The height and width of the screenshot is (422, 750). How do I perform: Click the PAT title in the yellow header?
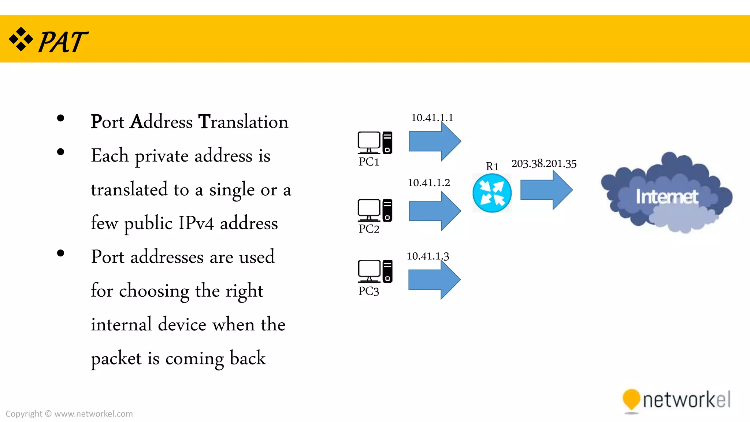coord(63,42)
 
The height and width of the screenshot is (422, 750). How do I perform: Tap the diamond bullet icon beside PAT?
coord(21,39)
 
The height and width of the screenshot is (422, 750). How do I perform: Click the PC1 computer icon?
coord(375,143)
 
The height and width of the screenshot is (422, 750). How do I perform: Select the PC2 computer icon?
coord(375,211)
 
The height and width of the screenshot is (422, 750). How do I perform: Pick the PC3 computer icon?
coord(375,271)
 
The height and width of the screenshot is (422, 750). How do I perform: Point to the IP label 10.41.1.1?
coord(432,118)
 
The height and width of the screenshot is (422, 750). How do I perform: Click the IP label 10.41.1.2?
coord(428,182)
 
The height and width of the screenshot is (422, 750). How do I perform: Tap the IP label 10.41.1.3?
coord(428,256)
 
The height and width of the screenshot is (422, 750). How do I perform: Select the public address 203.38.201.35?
coord(544,163)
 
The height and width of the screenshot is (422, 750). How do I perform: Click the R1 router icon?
coord(492,193)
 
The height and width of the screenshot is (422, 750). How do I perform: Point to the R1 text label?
coord(492,167)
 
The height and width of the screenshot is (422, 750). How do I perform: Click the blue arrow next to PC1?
coord(434,141)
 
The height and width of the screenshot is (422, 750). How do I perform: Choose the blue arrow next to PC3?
coord(434,280)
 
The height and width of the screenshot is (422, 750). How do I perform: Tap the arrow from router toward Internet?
coord(546,190)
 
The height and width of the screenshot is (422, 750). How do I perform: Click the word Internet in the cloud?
coord(667,197)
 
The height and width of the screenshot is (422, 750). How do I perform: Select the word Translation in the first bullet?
coord(243,122)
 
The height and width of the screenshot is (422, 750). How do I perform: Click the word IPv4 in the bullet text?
coord(196,223)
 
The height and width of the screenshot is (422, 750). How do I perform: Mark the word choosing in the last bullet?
coord(154,291)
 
